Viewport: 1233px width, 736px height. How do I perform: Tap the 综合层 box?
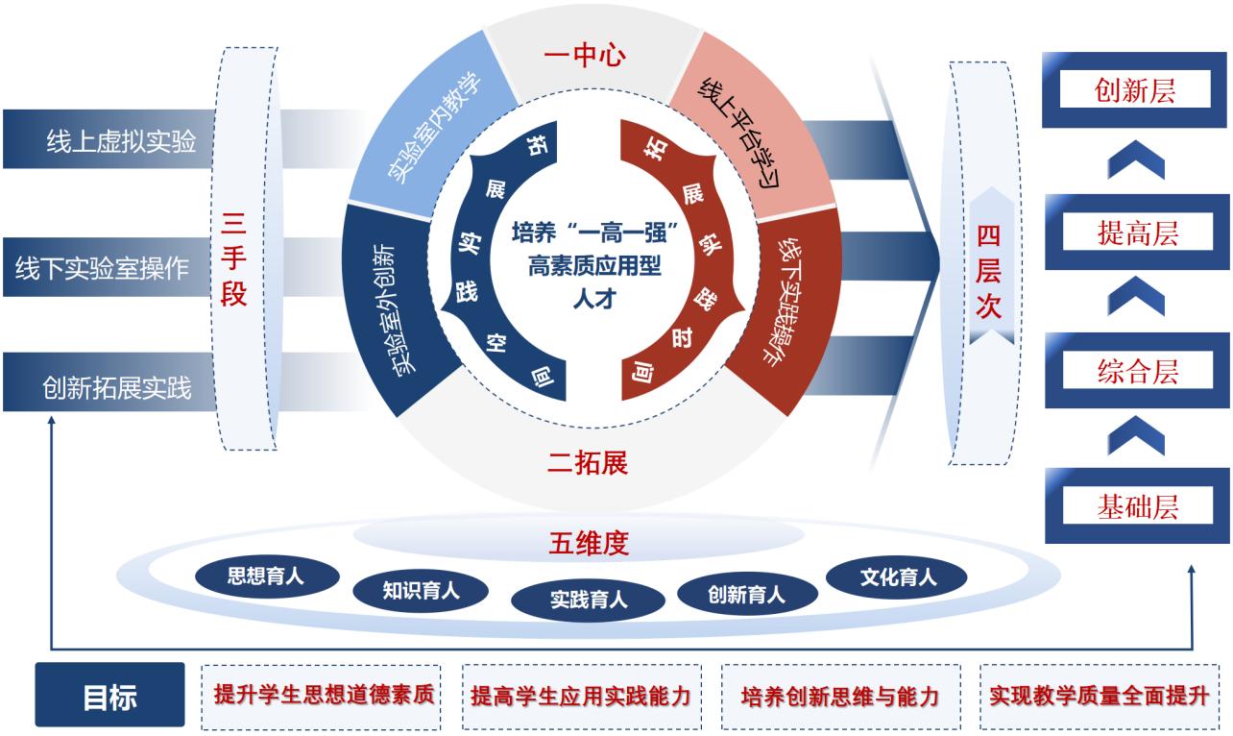(1136, 370)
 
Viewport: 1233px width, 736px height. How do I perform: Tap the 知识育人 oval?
(421, 589)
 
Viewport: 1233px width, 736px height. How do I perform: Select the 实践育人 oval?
(589, 601)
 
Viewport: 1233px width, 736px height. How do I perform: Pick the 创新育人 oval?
(746, 594)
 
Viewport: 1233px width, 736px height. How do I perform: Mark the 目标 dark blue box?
(109, 695)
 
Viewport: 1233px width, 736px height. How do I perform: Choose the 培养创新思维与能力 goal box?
(839, 695)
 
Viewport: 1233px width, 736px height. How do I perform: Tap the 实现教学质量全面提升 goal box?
(1099, 695)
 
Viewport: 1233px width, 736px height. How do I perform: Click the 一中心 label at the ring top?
(585, 56)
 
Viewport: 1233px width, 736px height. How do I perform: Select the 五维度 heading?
(587, 543)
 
